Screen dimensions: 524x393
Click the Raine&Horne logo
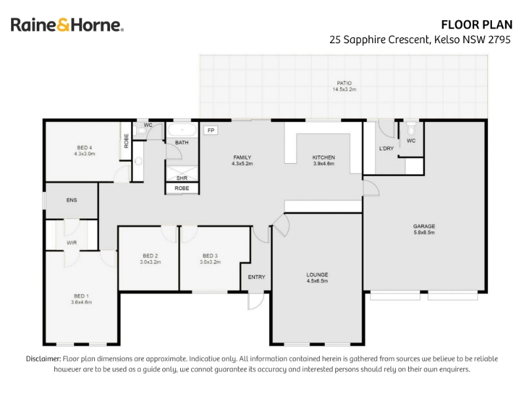[x=67, y=25]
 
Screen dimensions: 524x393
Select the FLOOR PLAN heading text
[x=477, y=25]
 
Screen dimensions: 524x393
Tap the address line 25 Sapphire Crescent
[x=420, y=40]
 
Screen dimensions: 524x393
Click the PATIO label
[x=345, y=83]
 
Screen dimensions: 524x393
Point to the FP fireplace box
[x=211, y=130]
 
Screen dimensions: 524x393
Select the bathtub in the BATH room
[x=182, y=130]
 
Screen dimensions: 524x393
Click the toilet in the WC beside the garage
[x=411, y=128]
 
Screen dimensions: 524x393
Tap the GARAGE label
[x=424, y=226]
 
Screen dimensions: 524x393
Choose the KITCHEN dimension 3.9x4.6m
[x=324, y=164]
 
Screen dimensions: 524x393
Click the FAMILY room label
[x=242, y=157]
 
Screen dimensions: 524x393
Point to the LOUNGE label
[x=317, y=274]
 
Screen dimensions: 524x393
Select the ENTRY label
[x=257, y=277]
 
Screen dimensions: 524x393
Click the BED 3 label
[x=210, y=256]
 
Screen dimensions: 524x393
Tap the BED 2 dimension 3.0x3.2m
[x=151, y=263]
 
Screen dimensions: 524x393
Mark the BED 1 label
[x=81, y=296]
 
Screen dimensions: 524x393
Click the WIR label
[x=71, y=242]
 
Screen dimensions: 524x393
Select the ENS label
[x=71, y=200]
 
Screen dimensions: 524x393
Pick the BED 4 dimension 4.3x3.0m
[x=84, y=154]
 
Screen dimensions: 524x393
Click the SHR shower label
[x=182, y=178]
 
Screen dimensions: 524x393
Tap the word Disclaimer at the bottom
[x=43, y=359]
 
